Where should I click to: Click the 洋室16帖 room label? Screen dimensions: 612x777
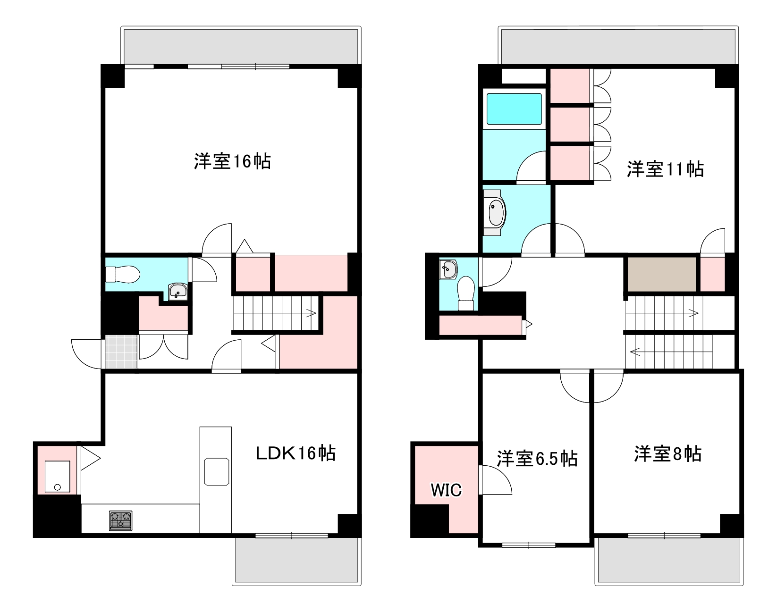tap(232, 161)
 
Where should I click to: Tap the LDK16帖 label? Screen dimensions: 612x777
tap(296, 453)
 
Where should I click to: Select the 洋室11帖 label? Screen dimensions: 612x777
tap(665, 169)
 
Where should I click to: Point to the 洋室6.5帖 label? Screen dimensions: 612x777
tap(537, 458)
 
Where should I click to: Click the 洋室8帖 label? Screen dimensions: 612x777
tap(667, 454)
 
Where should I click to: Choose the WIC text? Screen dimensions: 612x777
tap(446, 490)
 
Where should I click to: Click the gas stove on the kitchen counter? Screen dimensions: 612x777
tap(121, 520)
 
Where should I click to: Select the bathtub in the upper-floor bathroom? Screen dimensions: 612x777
tap(514, 109)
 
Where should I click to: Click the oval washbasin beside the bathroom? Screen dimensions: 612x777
tap(496, 213)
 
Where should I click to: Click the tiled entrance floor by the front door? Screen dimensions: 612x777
tap(121, 351)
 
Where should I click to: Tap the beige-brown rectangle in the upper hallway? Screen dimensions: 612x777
tap(662, 274)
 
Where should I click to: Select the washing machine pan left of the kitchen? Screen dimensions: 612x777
tap(57, 477)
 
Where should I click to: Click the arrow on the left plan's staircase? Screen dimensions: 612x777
tap(311, 312)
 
